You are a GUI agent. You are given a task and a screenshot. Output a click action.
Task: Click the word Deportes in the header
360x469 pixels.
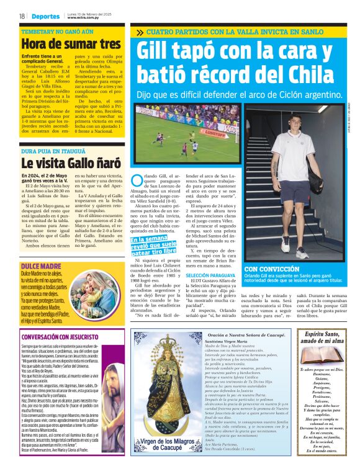tap(46, 16)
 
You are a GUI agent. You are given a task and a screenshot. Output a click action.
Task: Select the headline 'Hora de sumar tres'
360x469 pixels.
tap(71, 44)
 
